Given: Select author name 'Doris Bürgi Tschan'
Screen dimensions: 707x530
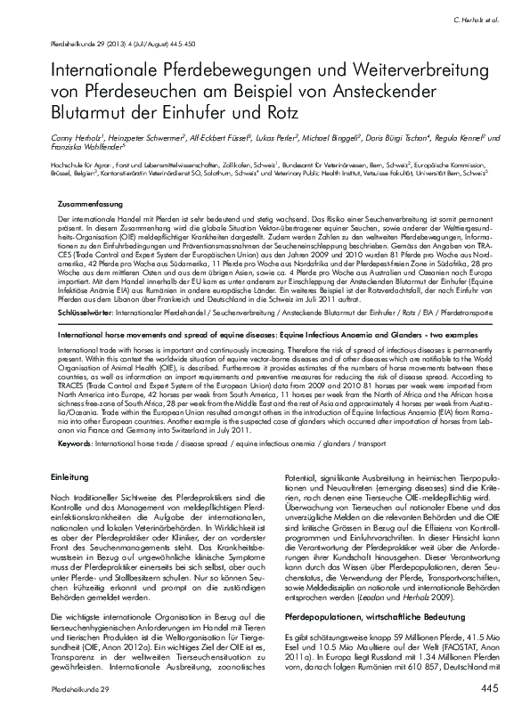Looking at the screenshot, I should coord(396,138).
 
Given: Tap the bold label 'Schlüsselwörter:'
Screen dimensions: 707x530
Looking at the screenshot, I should coord(82,290).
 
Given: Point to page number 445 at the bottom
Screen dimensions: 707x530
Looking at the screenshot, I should coord(488,689).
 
